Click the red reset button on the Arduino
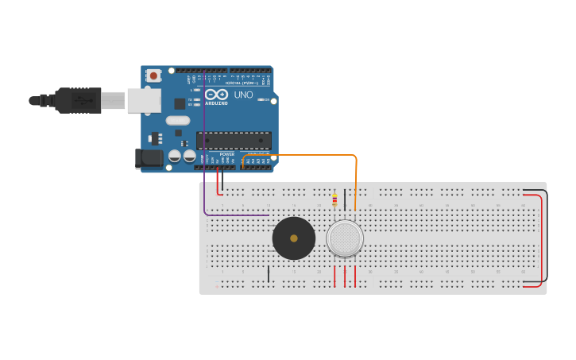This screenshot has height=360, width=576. click(153, 75)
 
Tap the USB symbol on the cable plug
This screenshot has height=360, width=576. click(82, 101)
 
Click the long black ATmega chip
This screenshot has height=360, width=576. click(234, 141)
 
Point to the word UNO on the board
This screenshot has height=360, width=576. click(243, 95)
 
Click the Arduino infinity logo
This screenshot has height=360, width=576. click(216, 95)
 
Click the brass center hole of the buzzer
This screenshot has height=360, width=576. click(294, 238)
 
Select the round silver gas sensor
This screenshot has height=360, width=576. click(345, 238)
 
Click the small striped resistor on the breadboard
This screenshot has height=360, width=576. click(334, 200)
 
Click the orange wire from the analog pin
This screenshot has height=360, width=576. click(318, 155)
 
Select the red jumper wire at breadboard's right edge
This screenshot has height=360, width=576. click(541, 238)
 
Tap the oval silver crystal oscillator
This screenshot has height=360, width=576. click(178, 121)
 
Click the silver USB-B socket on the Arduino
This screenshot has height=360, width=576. click(144, 100)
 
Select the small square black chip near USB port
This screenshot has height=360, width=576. click(180, 103)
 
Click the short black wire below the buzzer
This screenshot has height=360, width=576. click(269, 274)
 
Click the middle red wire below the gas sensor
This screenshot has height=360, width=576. click(345, 276)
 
